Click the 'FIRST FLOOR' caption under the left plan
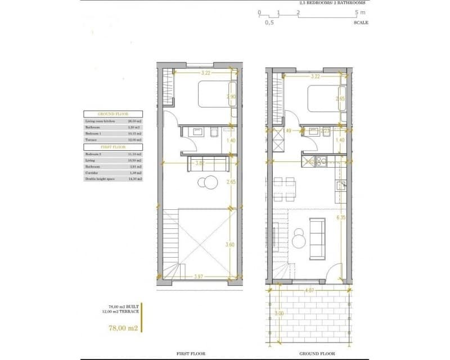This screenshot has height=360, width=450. [x=191, y=354]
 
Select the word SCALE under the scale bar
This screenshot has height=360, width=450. [x=361, y=22]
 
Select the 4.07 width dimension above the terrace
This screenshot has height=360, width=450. [x=309, y=291]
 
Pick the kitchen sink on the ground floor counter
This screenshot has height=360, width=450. [x=339, y=186]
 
